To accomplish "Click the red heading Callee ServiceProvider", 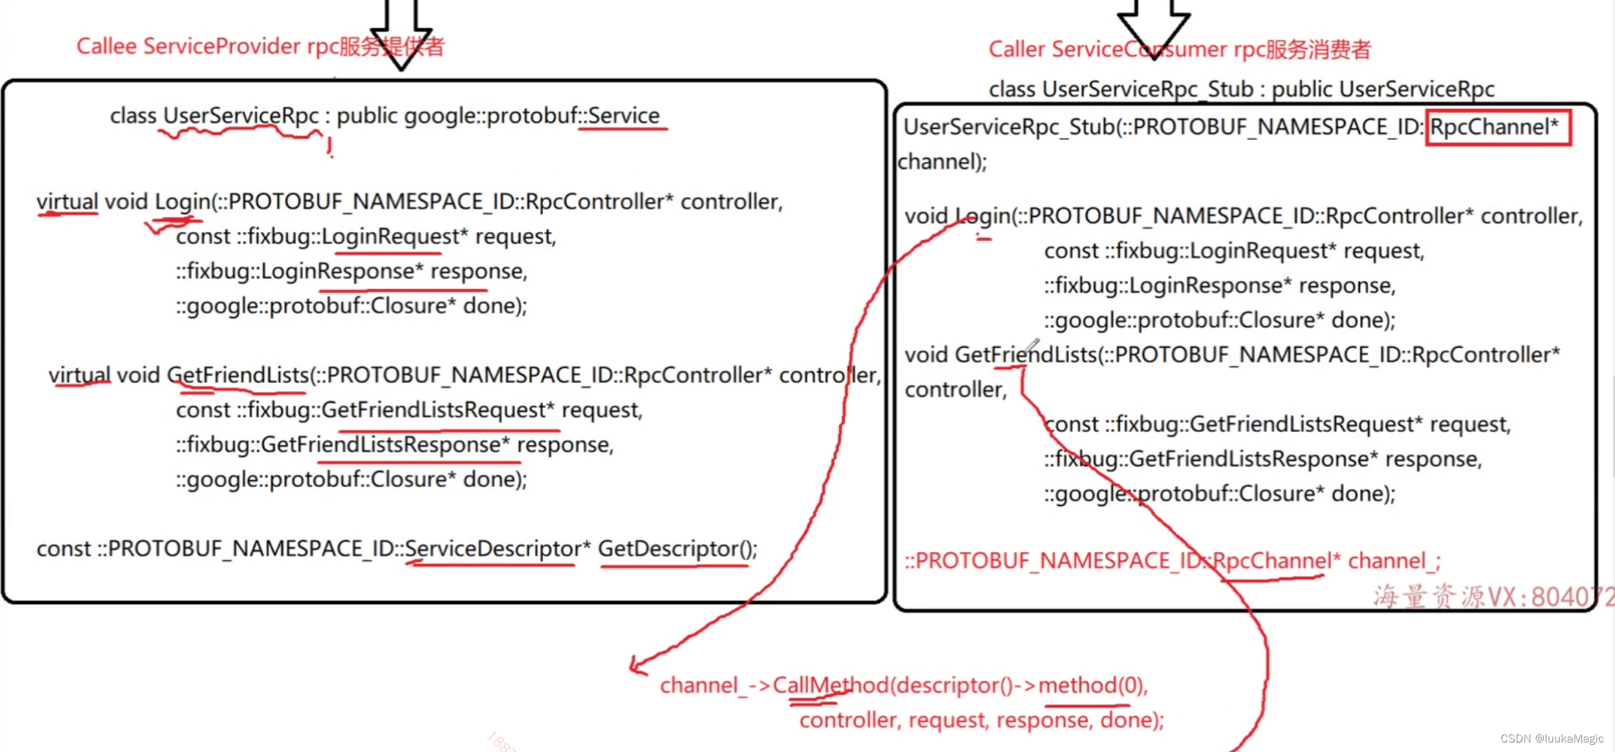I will [x=188, y=46].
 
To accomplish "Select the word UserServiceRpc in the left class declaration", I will [x=240, y=116].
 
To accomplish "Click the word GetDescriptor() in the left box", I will [x=677, y=548].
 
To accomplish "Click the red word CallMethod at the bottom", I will [x=829, y=685].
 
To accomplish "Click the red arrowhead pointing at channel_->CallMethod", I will [x=636, y=665].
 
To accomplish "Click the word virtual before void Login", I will [x=67, y=201].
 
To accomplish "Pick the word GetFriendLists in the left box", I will [x=237, y=375].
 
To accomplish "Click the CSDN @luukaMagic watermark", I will [x=1551, y=739].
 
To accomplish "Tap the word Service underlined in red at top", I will [x=624, y=116].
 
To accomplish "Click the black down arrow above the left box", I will [x=400, y=33].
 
